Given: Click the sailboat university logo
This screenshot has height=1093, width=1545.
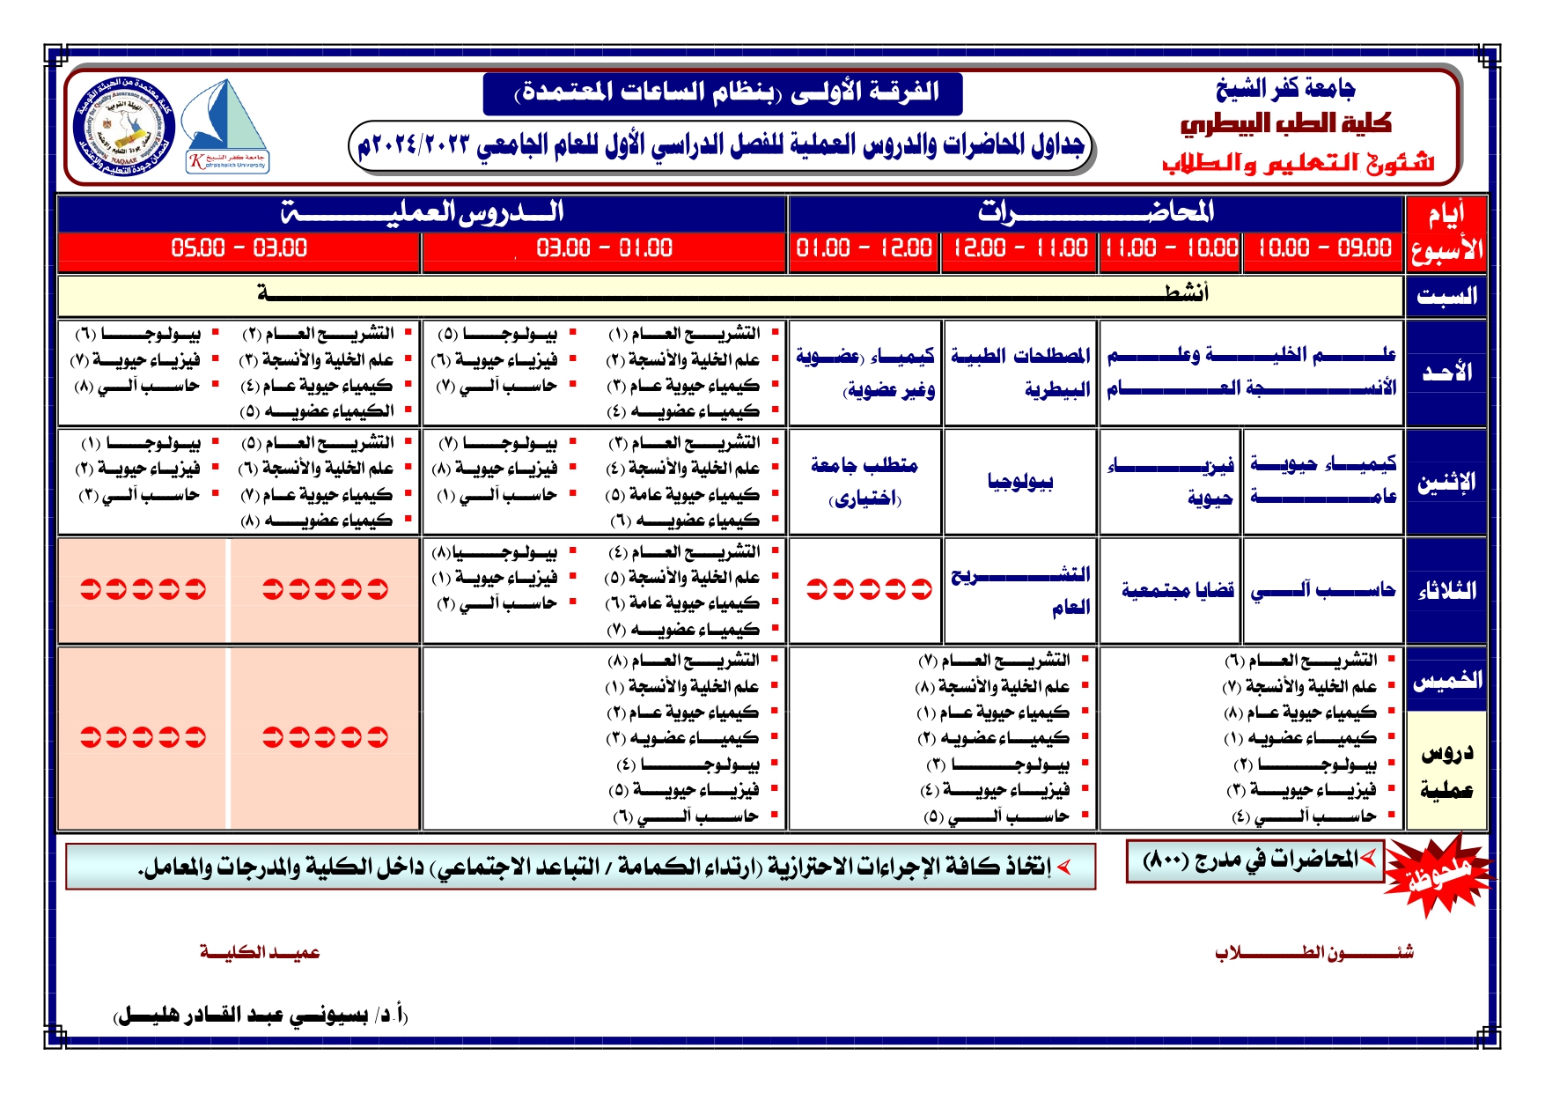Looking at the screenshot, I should (226, 126).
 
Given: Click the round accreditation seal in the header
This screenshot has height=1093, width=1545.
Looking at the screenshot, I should (124, 126).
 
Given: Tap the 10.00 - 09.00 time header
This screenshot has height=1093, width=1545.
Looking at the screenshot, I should (1323, 248).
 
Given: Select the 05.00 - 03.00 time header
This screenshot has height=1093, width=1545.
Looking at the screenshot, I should (239, 248).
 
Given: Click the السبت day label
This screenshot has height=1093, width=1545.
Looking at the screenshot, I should (1446, 297).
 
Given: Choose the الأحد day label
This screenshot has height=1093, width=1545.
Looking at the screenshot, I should (1446, 373).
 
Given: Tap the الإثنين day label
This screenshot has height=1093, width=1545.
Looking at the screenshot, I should (1446, 483).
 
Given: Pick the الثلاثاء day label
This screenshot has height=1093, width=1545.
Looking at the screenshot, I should (1446, 591).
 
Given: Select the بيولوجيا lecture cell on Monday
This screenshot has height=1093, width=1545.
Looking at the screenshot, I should (1020, 482).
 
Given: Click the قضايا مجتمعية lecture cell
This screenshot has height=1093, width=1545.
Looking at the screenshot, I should (1177, 590).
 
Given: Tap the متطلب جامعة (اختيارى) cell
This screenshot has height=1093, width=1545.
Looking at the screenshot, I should (864, 481).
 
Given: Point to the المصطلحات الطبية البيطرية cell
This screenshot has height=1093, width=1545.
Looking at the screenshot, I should (1020, 372).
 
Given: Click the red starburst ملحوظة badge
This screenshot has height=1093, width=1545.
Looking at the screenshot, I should (1438, 875).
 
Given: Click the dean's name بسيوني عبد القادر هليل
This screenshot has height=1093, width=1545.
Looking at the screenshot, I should (261, 1015).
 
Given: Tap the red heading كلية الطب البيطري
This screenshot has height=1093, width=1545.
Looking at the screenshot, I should (1285, 124).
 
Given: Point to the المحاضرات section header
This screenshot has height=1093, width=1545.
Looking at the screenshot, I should (1095, 212).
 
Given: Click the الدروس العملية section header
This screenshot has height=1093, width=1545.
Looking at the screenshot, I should (422, 212).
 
